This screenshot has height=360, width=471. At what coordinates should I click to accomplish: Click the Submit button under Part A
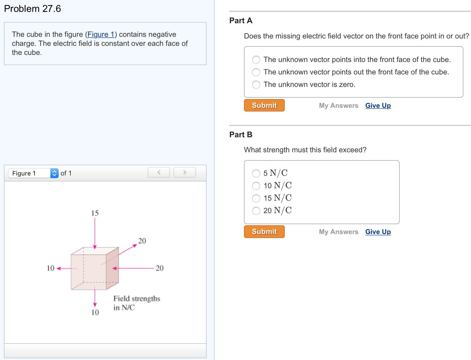pos(264,105)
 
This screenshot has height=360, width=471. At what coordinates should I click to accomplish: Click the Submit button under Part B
pos(264,232)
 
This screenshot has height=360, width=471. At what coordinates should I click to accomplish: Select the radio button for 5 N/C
pos(256,173)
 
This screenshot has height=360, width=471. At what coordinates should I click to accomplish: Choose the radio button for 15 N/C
pos(256,198)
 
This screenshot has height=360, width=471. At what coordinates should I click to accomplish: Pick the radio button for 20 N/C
pos(256,211)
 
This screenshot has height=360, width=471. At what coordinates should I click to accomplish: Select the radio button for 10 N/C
pos(256,186)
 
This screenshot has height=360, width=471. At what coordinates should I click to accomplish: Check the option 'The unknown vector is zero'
pos(256,85)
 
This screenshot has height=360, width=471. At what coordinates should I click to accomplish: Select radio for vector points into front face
pos(256,60)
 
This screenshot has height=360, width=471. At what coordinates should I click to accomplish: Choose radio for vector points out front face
pos(256,72)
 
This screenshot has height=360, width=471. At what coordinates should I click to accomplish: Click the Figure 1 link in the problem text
pos(101,34)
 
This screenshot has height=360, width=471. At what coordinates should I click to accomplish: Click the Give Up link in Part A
pos(378,106)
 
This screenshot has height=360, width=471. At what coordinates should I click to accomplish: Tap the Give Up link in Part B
pos(378,232)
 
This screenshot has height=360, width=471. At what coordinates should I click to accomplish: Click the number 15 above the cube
pos(95,213)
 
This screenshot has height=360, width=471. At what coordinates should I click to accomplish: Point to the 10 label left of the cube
pos(50,268)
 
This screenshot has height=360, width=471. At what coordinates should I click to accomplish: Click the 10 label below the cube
pos(95,312)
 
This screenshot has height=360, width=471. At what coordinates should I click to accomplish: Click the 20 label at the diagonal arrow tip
pos(142,241)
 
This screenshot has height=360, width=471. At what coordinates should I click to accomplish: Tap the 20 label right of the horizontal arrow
pos(160,268)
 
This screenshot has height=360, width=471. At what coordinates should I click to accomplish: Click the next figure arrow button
pos(185,172)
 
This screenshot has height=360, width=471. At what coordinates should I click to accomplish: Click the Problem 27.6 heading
pos(33,9)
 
